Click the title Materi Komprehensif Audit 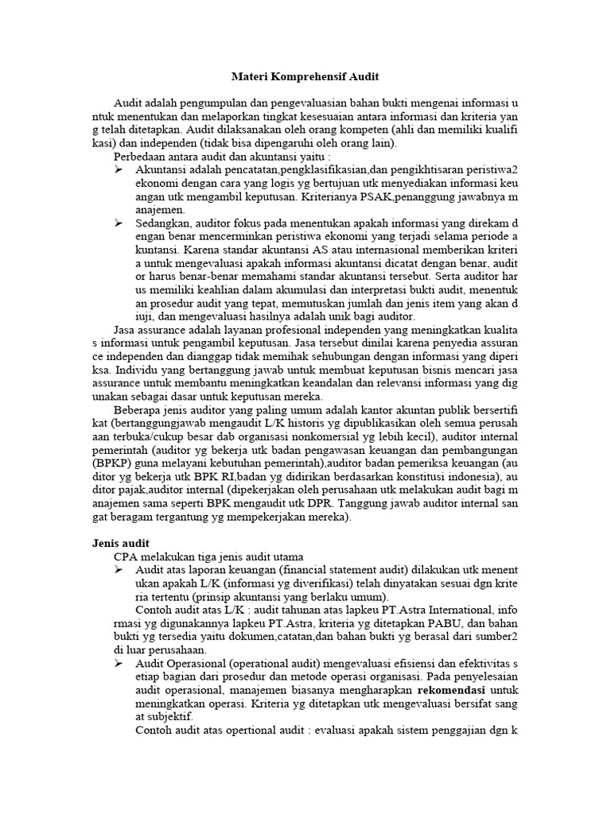pos(305,77)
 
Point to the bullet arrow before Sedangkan pos(119,223)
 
